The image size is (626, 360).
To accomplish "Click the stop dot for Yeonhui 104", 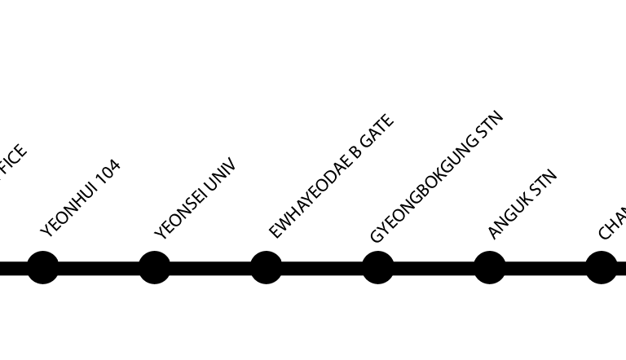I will tap(43, 267).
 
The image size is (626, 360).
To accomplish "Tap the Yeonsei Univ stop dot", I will tap(154, 267).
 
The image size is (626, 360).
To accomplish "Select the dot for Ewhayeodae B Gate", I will tap(266, 267).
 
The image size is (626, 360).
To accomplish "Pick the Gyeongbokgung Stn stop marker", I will tap(377, 267).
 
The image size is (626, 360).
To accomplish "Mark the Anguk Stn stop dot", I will tap(489, 267).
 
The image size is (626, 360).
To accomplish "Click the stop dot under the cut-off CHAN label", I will tap(601, 267).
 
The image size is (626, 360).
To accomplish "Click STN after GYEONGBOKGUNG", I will tap(487, 126).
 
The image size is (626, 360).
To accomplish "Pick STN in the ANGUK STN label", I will tap(542, 182).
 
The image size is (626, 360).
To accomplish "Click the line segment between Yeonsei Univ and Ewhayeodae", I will tap(210, 267).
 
